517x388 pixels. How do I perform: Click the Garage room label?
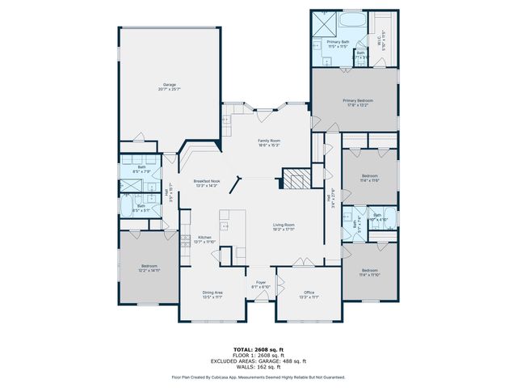(169, 83)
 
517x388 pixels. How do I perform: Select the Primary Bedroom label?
(355, 99)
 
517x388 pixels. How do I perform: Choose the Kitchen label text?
(205, 237)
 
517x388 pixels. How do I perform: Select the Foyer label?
(260, 282)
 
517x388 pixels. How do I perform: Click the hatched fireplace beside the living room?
(294, 179)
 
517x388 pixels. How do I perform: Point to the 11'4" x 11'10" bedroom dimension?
(370, 275)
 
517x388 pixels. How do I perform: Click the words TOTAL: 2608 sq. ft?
(258, 349)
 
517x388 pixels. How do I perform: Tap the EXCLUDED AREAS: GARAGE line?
(258, 361)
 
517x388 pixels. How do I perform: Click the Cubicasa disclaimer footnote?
(258, 377)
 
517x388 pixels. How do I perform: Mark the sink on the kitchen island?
(225, 225)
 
